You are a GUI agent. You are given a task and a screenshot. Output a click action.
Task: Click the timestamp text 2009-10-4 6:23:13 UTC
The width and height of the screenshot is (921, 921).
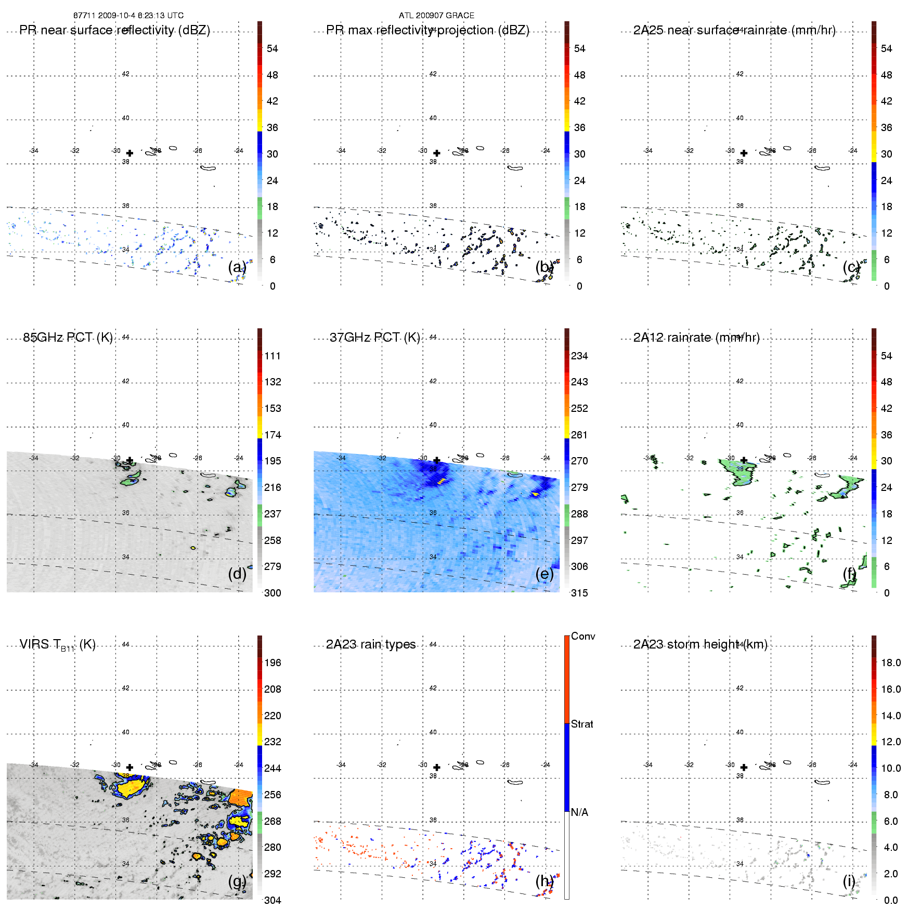pyautogui.click(x=140, y=16)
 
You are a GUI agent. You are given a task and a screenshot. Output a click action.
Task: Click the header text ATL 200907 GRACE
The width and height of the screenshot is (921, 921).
pyautogui.click(x=436, y=16)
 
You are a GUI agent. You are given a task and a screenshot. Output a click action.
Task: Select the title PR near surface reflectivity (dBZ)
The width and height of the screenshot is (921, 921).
pyautogui.click(x=114, y=30)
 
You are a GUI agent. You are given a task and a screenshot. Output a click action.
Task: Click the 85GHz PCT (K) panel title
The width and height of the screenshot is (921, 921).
pyautogui.click(x=68, y=338)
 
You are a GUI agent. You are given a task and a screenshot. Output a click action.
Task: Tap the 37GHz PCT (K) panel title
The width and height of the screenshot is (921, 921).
pyautogui.click(x=374, y=338)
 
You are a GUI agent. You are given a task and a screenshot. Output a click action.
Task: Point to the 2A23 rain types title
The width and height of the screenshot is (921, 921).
pyautogui.click(x=371, y=644)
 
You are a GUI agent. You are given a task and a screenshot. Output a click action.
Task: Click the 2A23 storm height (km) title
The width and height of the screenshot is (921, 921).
pyautogui.click(x=700, y=644)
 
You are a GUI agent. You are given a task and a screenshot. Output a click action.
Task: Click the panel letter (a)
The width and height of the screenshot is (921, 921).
pyautogui.click(x=237, y=267)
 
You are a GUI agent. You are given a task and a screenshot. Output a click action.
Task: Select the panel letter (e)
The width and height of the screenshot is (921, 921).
pyautogui.click(x=544, y=574)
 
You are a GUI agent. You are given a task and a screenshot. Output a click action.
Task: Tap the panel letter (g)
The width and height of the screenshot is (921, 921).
pyautogui.click(x=237, y=881)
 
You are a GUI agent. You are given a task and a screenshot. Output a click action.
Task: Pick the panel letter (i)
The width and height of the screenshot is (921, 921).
pyautogui.click(x=849, y=881)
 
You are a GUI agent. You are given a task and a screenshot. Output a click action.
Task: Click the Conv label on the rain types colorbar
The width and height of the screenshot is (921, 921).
pyautogui.click(x=582, y=636)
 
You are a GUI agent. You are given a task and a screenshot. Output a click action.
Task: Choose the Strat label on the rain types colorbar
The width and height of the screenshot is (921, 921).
pyautogui.click(x=582, y=724)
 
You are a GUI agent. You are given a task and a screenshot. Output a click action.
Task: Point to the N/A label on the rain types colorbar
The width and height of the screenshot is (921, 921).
pyautogui.click(x=579, y=812)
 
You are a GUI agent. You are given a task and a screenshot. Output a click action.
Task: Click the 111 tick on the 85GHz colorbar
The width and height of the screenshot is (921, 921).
pyautogui.click(x=273, y=356)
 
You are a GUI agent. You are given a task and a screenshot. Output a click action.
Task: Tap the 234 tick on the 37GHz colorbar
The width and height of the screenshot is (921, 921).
pyautogui.click(x=579, y=356)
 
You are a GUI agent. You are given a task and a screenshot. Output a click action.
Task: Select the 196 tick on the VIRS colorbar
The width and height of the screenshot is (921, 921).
pyautogui.click(x=273, y=663)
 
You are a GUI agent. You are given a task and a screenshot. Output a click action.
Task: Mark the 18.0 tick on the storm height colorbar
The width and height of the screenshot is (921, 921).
pyautogui.click(x=890, y=663)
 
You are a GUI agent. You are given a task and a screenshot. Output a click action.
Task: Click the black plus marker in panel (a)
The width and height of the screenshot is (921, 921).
pyautogui.click(x=129, y=153)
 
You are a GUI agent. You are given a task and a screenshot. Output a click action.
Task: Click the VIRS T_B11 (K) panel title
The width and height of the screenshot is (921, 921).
pyautogui.click(x=57, y=645)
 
